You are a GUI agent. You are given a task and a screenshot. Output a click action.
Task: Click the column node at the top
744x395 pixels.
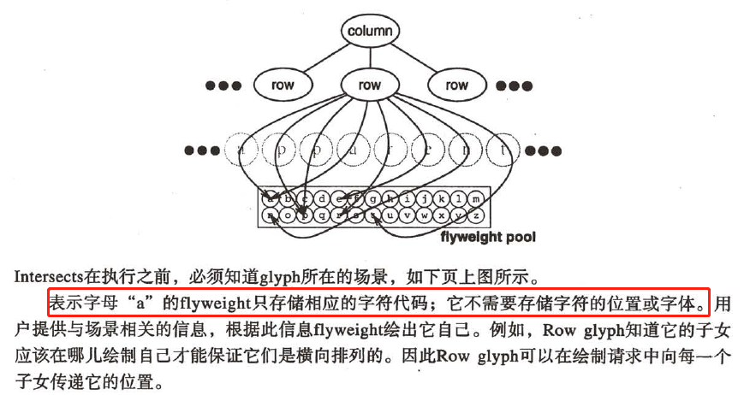(371, 31)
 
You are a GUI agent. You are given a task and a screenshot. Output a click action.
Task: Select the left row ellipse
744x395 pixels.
(282, 85)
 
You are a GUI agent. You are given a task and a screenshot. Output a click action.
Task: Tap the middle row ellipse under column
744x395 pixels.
(370, 85)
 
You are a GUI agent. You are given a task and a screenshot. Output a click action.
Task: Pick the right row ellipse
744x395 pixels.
(457, 85)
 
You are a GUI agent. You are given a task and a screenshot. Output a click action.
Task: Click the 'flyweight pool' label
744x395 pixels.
(487, 236)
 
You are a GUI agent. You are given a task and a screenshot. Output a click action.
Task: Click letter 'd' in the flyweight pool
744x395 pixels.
(321, 199)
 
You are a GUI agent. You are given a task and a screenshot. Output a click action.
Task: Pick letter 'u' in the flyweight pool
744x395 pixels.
(390, 215)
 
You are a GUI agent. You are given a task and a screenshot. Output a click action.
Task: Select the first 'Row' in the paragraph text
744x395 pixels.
(517, 328)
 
